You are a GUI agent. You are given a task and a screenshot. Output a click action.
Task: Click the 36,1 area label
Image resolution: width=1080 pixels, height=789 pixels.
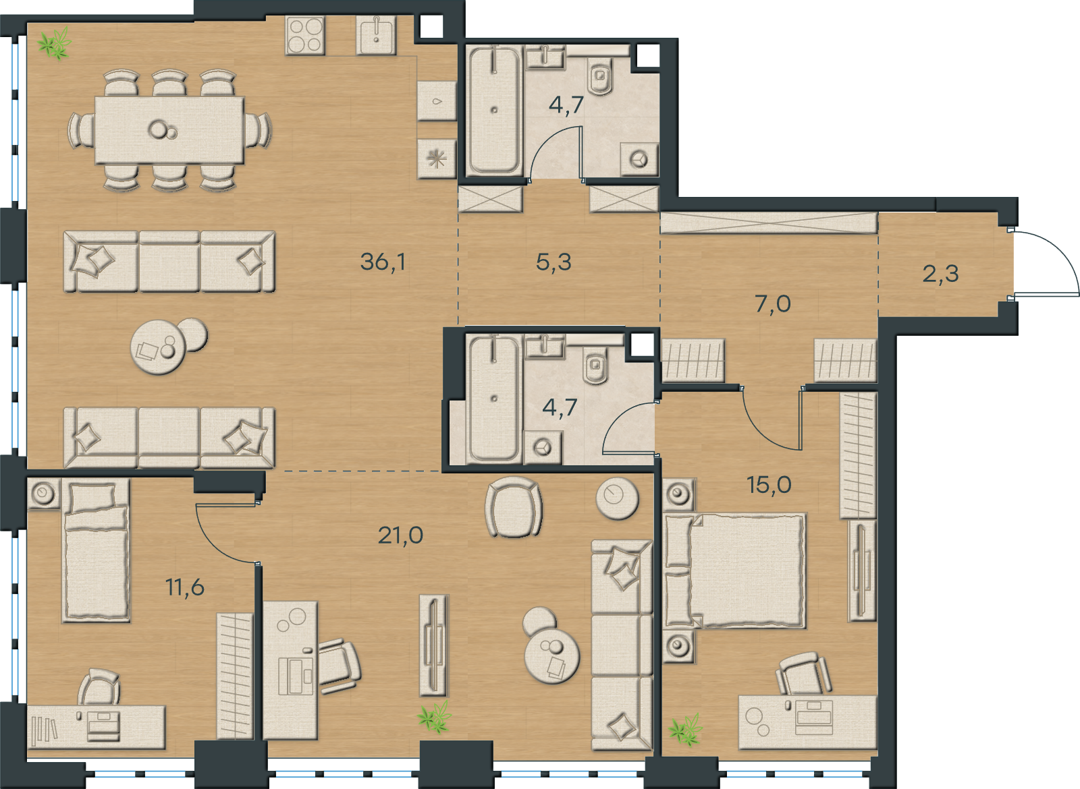coord(383,262)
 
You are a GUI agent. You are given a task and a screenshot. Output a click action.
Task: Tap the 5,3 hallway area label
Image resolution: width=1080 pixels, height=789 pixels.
coord(553,262)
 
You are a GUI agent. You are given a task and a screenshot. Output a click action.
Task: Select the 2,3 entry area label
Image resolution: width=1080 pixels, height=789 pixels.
coord(941,274)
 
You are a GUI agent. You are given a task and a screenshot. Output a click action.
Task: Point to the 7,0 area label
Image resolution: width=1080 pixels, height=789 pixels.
coord(773,304)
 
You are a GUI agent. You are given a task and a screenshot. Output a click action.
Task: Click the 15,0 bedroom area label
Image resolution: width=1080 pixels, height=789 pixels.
coord(769,485)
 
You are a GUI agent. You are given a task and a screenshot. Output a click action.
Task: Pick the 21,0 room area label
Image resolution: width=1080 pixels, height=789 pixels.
coord(401,535)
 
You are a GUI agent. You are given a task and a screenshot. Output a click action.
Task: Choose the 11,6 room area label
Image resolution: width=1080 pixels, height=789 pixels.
coord(185,587)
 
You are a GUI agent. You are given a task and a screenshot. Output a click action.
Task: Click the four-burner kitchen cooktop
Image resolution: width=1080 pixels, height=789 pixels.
coord(304,35)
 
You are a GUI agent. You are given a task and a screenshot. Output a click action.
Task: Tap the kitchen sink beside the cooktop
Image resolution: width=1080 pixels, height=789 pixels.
coord(376,35)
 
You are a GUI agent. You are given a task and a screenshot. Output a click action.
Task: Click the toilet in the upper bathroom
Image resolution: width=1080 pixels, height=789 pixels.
coord(600,76)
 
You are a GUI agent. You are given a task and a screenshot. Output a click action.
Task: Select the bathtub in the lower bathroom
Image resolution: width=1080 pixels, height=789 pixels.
coord(493,399)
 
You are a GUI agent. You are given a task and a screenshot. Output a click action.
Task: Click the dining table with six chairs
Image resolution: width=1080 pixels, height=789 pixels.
coord(169,131)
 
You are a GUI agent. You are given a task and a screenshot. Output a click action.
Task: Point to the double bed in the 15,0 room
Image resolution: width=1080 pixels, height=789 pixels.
coord(735,571)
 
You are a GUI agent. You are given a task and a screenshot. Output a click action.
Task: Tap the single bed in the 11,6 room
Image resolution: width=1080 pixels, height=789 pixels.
coord(96,550)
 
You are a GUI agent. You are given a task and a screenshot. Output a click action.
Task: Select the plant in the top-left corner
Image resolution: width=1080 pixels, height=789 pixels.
coord(55,43)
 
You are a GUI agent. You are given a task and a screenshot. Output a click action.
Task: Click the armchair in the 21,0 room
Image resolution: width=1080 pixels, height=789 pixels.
coord(514,506)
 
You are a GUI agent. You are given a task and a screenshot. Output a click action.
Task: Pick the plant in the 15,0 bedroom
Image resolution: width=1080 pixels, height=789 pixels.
coord(686,730)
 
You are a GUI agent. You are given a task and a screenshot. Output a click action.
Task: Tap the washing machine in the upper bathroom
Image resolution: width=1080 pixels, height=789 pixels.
coord(640,159)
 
